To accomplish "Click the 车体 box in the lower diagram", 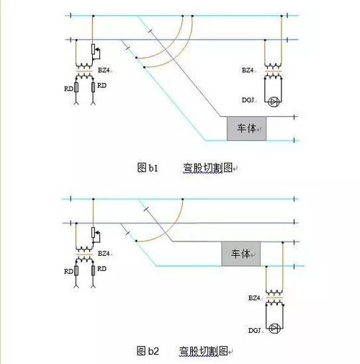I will [x=241, y=255].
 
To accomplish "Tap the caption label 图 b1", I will [x=148, y=168].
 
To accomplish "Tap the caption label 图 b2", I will [x=148, y=351].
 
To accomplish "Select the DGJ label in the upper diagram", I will [x=248, y=99].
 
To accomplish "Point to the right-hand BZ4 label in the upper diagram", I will [x=248, y=70].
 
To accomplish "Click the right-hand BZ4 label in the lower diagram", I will [x=254, y=296].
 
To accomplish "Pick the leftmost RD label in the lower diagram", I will [x=68, y=271].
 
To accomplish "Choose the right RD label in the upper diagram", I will [x=102, y=85].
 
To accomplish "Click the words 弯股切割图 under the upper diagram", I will [x=207, y=168].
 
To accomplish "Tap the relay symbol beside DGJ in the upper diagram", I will [x=274, y=101].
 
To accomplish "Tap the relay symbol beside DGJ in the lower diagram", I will [x=274, y=329].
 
